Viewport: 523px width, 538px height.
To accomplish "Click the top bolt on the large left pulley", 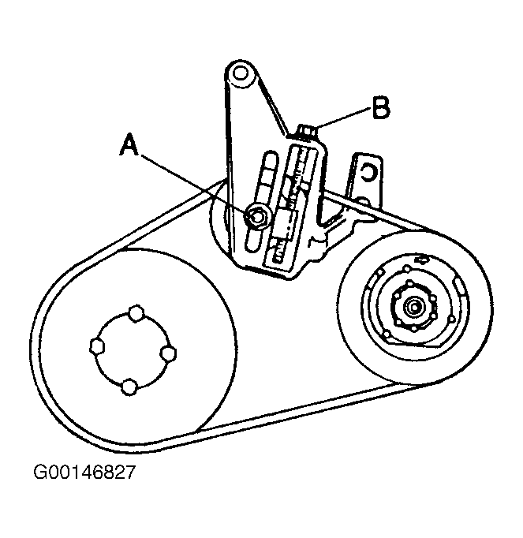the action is coord(136,315).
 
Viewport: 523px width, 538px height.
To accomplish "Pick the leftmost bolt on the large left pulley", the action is coord(95,346).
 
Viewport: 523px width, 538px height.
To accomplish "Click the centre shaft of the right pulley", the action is coord(411,308).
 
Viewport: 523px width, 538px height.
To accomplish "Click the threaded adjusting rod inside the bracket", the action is coord(300,197).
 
